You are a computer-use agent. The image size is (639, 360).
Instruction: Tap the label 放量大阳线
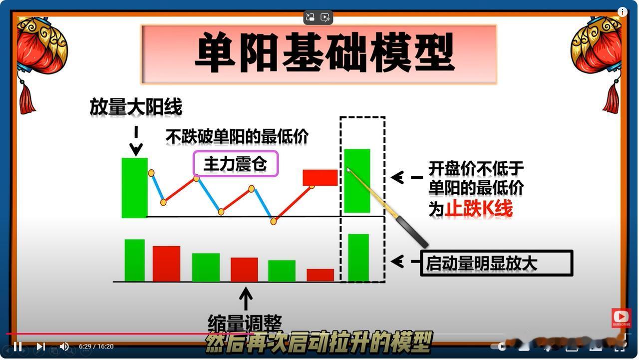coord(136,107)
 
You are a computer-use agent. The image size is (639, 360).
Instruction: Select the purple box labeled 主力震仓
coord(235,164)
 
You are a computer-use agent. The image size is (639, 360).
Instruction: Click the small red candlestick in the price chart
coord(320,178)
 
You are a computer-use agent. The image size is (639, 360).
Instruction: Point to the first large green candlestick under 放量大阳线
coord(135,188)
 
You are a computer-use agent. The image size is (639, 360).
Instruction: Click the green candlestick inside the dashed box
coord(357,181)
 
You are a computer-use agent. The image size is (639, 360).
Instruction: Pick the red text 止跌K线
coord(478,209)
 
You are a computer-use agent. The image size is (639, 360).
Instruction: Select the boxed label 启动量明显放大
coord(497,263)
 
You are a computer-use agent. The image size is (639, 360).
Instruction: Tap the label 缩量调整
coord(245,324)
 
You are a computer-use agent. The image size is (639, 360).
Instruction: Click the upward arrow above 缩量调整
coord(246,299)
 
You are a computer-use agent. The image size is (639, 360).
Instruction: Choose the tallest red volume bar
coord(166,264)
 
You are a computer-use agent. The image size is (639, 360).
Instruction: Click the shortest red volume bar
coord(320,275)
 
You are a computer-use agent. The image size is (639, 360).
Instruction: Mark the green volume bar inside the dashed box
coord(358,258)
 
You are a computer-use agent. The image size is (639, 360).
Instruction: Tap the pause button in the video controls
coord(17,347)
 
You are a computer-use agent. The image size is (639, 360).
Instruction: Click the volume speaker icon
coord(64,347)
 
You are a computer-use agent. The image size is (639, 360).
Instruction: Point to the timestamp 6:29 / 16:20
coord(96,347)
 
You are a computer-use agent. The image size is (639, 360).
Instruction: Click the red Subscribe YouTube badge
coord(622,318)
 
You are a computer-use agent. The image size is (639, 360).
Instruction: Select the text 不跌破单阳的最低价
coord(237,136)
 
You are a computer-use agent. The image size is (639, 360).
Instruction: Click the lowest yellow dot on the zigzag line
coord(274,221)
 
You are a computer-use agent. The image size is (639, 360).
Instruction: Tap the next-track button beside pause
coord(40,347)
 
